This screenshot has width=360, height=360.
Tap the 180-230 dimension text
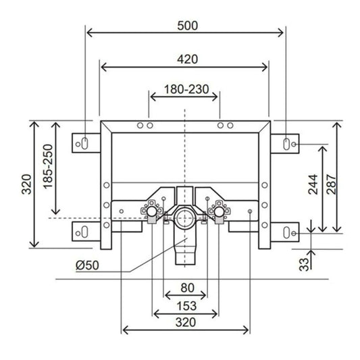[x=184, y=88]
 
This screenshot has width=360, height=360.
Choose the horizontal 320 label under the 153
[x=184, y=323]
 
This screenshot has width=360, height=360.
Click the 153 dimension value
[x=185, y=305]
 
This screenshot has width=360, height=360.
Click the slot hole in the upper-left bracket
[x=85, y=143]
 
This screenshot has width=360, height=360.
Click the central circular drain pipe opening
[x=184, y=219]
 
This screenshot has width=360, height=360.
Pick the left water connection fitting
[x=153, y=212]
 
